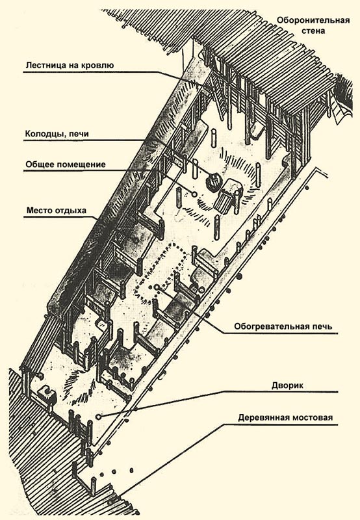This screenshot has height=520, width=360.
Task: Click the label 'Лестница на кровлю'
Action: pyautogui.click(x=70, y=66)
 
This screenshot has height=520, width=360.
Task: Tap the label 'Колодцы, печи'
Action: pyautogui.click(x=57, y=134)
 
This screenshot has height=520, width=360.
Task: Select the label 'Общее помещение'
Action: pyautogui.click(x=66, y=164)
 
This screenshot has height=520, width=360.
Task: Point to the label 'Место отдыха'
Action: pyautogui.click(x=57, y=210)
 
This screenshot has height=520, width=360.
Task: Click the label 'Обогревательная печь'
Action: pyautogui.click(x=283, y=326)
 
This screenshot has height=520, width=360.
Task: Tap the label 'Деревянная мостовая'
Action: pyautogui.click(x=285, y=417)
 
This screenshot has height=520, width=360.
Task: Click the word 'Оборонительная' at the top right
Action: pyautogui.click(x=313, y=20)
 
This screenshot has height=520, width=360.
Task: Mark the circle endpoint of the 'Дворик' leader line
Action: pyautogui.click(x=98, y=416)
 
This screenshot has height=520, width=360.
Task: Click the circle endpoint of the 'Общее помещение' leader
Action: pyautogui.click(x=194, y=194)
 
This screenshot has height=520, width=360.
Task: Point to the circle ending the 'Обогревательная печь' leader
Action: pyautogui.click(x=157, y=287)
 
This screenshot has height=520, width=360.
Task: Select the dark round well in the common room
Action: pyautogui.click(x=214, y=182)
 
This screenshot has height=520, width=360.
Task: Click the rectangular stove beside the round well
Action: pyautogui.click(x=229, y=196)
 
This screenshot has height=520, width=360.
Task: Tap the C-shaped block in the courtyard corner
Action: pyautogui.click(x=47, y=393)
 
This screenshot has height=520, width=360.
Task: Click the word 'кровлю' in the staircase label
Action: pyautogui.click(x=99, y=66)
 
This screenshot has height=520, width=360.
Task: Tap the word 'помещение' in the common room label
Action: pyautogui.click(x=83, y=165)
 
